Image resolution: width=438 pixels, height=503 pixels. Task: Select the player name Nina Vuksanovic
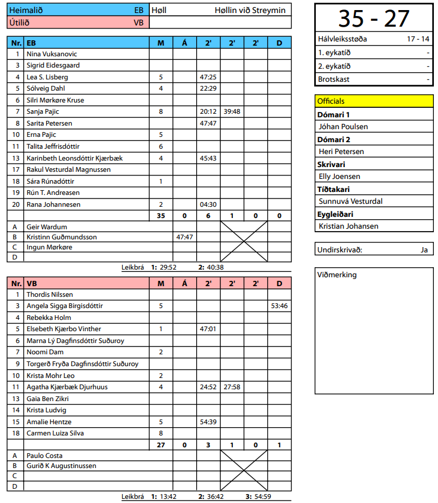point(52,54)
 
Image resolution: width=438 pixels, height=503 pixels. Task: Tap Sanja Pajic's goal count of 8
point(161,111)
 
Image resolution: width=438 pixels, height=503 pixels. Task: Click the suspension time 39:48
point(232,111)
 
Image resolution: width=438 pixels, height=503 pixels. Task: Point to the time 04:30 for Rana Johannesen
point(208,204)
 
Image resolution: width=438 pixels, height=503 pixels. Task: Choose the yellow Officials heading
point(331,101)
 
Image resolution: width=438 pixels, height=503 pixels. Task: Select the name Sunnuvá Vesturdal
point(350,201)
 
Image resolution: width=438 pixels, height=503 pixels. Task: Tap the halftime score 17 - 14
point(418,39)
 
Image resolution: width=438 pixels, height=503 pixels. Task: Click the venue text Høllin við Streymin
point(250,10)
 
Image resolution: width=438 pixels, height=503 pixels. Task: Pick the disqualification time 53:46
point(279,306)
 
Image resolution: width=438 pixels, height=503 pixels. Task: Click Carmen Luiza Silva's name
point(56,433)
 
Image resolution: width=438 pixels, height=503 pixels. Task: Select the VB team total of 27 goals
point(161,444)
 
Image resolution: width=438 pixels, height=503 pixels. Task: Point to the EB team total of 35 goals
point(161,216)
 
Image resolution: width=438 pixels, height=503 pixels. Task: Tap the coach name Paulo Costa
point(44,456)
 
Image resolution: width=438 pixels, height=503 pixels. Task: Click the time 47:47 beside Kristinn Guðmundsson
point(184,237)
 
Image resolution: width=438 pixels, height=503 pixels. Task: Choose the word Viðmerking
point(338,275)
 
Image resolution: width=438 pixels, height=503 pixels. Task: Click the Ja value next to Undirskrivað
point(424,249)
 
